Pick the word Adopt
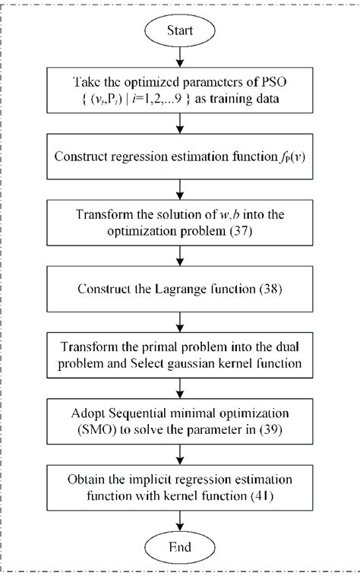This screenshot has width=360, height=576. click(x=91, y=409)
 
